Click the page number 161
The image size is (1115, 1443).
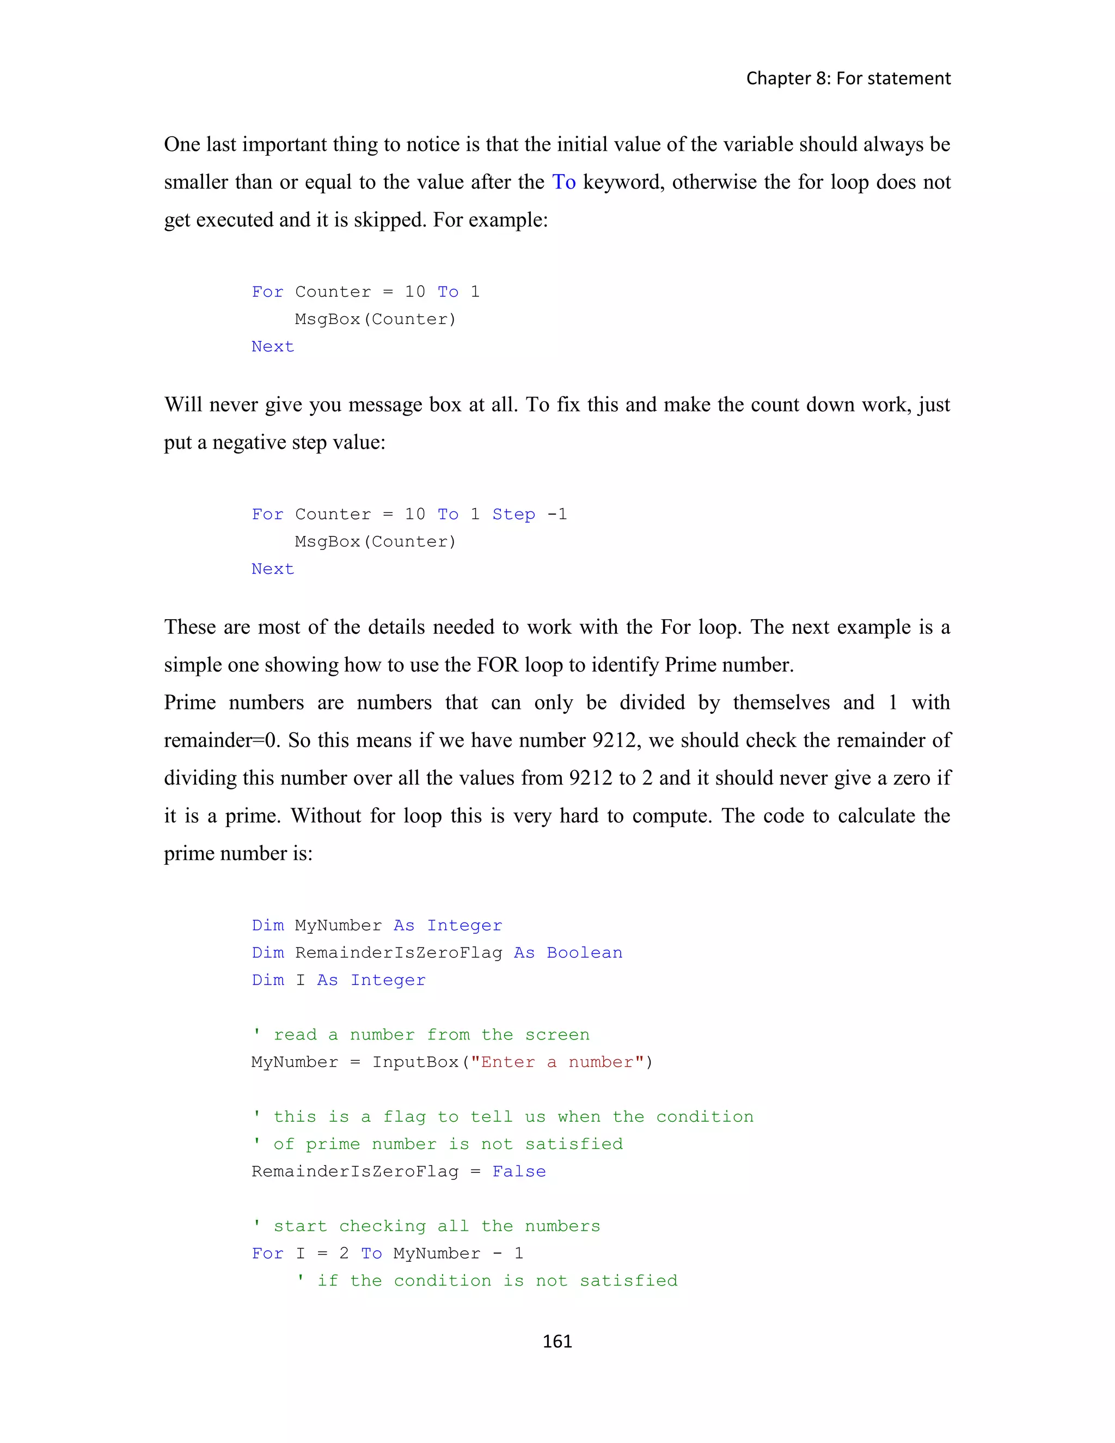point(557,1341)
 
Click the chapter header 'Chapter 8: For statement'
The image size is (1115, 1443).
point(848,78)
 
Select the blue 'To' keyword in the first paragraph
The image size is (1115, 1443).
point(563,182)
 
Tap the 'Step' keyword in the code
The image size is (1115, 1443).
point(513,514)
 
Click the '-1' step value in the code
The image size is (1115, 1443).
point(557,514)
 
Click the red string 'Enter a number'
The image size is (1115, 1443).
point(557,1062)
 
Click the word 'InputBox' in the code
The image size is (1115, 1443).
point(415,1062)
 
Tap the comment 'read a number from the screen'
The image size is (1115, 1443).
point(431,1035)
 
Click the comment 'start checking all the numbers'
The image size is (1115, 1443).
point(436,1226)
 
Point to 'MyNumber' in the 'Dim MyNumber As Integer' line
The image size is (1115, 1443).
point(338,925)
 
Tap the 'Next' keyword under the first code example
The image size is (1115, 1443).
point(272,346)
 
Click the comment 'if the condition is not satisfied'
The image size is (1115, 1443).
point(497,1281)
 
